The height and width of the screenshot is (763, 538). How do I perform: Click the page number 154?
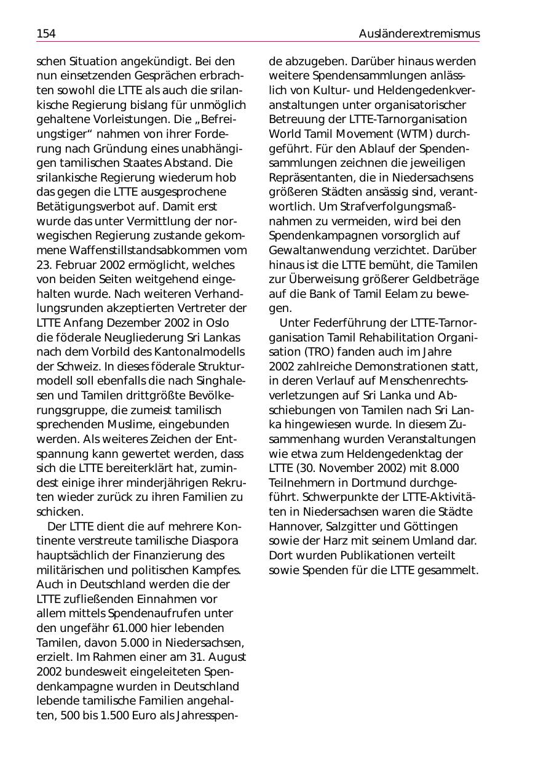46,34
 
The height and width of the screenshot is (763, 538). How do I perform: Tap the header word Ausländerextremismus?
419,34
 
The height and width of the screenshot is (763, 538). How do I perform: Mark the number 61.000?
133,628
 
